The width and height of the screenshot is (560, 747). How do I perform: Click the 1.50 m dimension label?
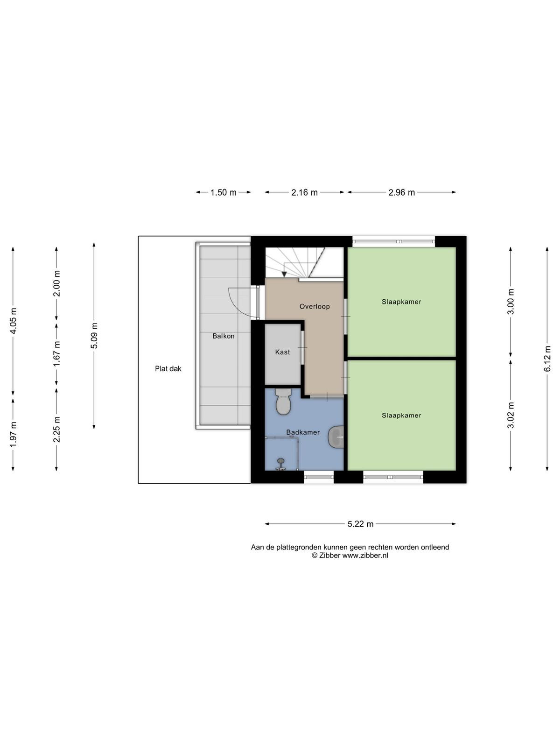pos(223,193)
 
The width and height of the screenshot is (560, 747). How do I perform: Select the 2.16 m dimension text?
pos(304,193)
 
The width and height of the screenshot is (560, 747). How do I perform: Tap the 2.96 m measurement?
pos(401,193)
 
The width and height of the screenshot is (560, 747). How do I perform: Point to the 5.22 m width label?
pos(360,524)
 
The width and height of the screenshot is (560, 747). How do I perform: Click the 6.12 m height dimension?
pos(547,359)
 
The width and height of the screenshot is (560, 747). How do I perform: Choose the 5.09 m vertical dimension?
pos(94,336)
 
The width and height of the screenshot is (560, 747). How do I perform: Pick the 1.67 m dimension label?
pos(56,354)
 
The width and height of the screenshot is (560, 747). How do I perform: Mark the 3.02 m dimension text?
pos(511,415)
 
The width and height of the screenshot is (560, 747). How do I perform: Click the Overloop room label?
pos(315,307)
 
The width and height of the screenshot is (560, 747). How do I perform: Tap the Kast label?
pos(282,352)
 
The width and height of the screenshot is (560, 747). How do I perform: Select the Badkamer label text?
pos(303,432)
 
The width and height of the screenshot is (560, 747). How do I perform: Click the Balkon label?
pos(224,336)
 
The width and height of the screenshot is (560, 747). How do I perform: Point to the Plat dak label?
pos(168,369)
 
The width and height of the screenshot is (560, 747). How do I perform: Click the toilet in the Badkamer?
pos(283,402)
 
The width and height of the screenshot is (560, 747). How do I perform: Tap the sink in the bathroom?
pos(336,437)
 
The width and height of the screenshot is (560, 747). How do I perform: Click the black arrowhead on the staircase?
pos(284,275)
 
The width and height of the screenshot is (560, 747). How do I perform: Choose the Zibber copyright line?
pos(350,556)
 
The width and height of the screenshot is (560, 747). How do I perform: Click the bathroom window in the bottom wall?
pos(319,477)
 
